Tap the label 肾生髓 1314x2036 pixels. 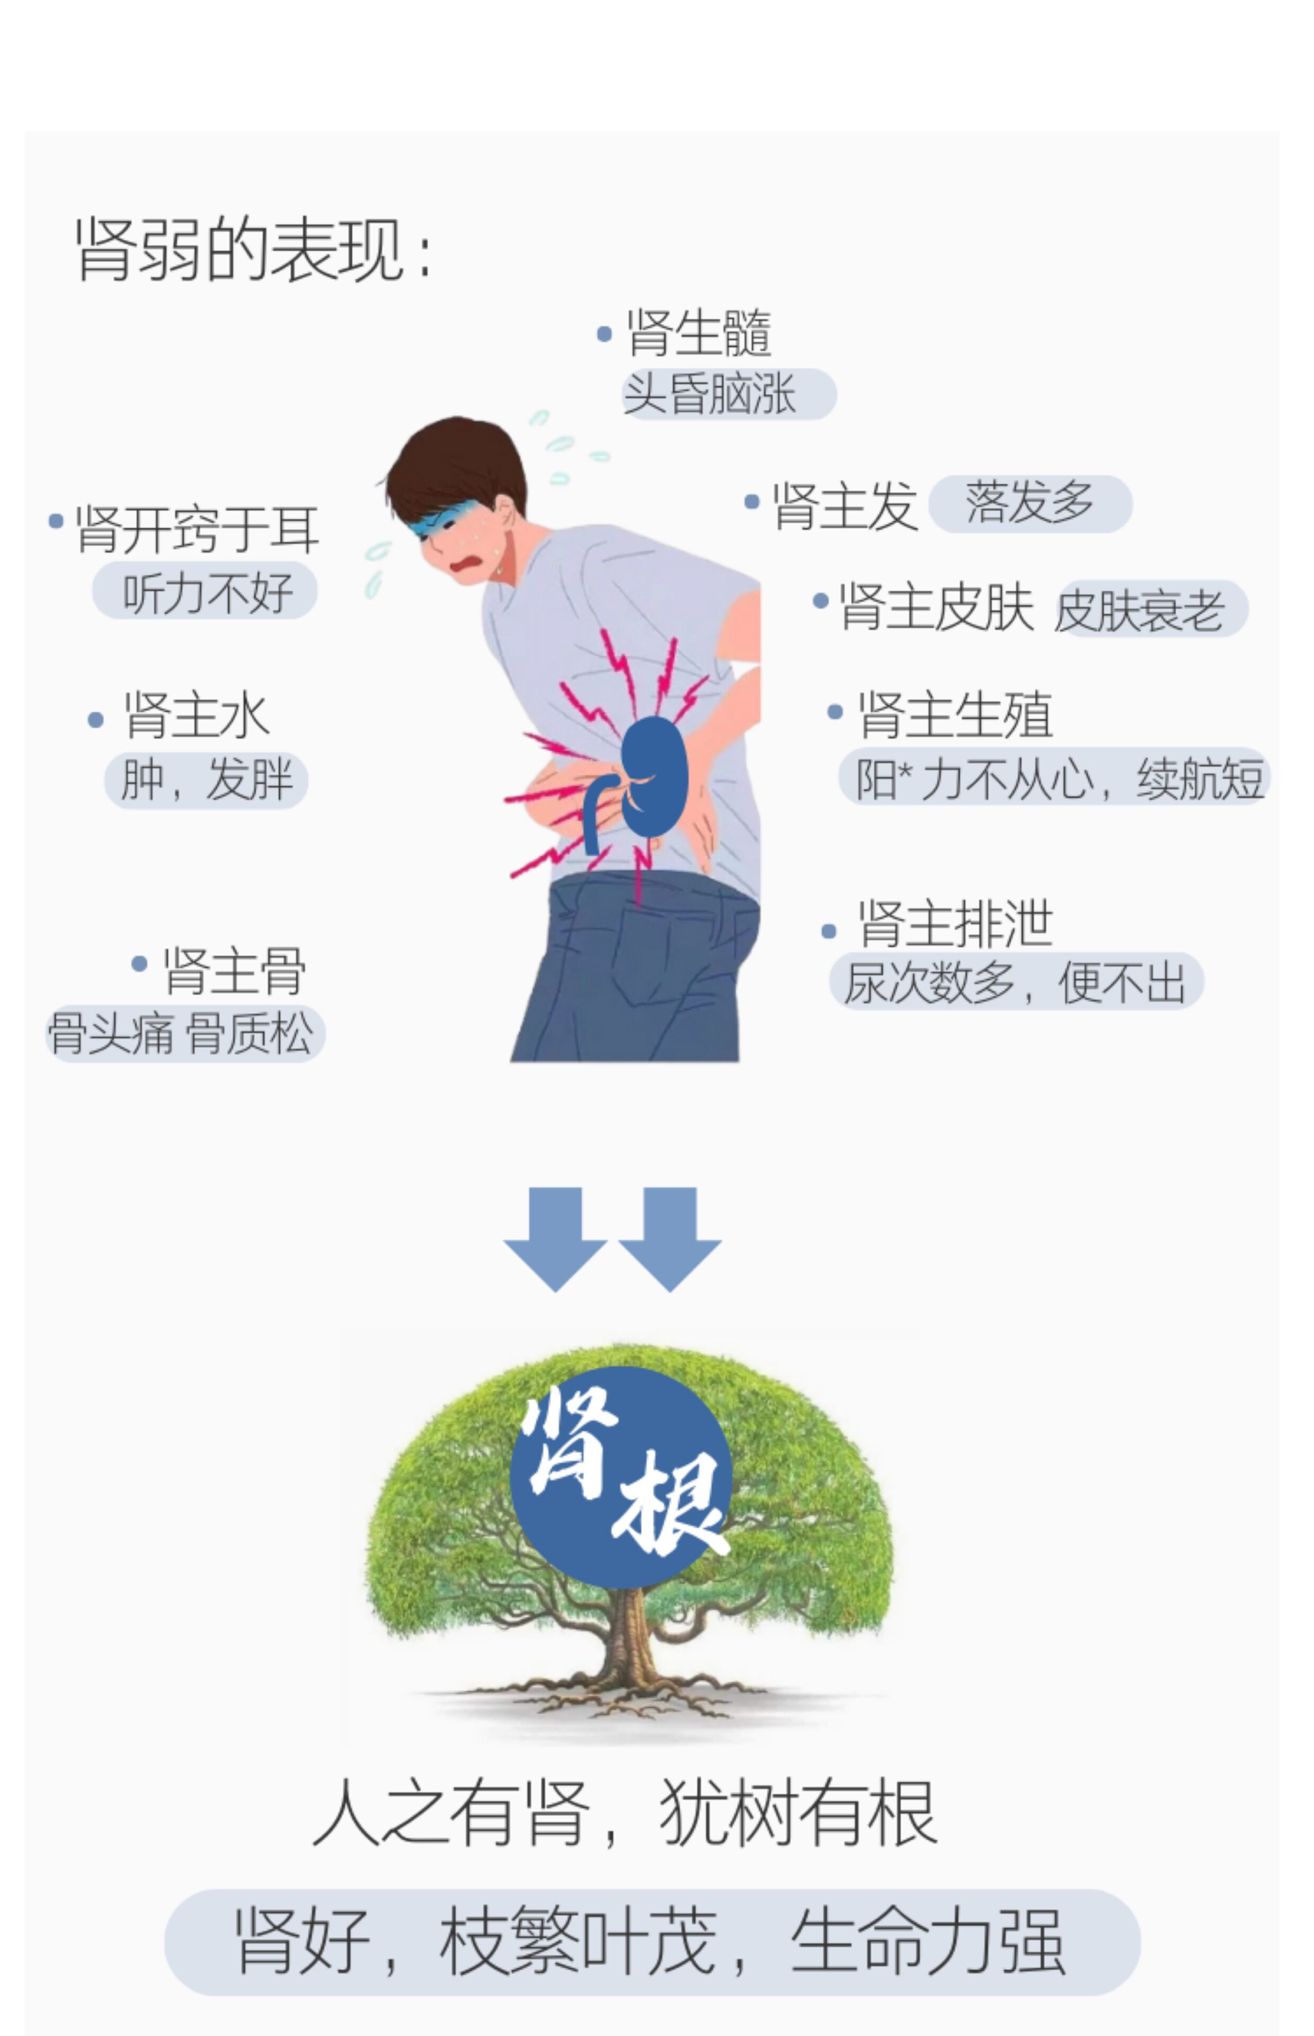(698, 333)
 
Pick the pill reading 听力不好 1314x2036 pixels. (205, 591)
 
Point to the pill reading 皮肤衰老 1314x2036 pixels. (1151, 610)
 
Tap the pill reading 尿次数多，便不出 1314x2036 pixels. (1015, 982)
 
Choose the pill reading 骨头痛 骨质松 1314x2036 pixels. (184, 1034)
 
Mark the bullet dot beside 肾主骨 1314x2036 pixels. (139, 964)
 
